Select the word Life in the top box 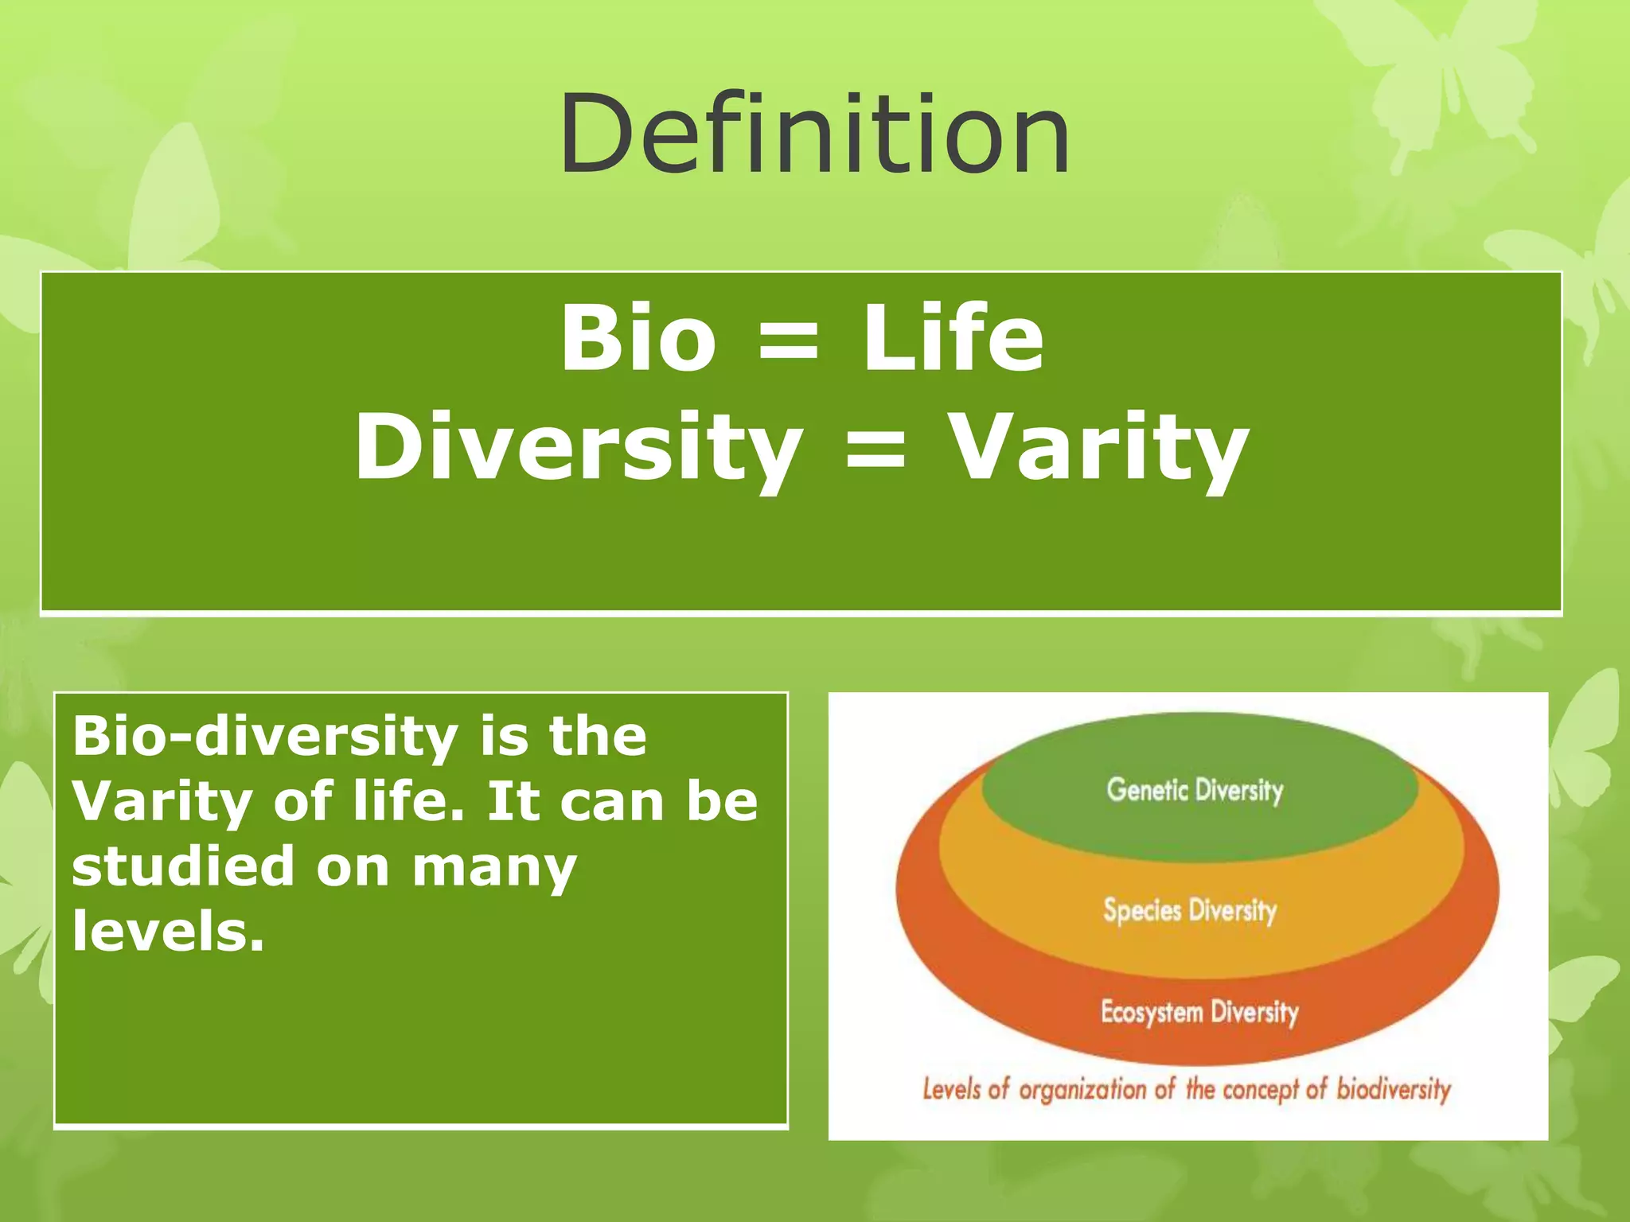pyautogui.click(x=953, y=339)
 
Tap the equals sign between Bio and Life pyautogui.click(x=788, y=342)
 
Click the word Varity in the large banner pyautogui.click(x=1100, y=447)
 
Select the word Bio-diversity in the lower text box pyautogui.click(x=264, y=736)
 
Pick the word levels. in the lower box pyautogui.click(x=167, y=931)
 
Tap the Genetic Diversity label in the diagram pyautogui.click(x=1195, y=790)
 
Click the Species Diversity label pyautogui.click(x=1190, y=910)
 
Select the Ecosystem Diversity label pyautogui.click(x=1199, y=1012)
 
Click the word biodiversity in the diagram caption pyautogui.click(x=1393, y=1088)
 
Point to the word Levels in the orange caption pyautogui.click(x=951, y=1088)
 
